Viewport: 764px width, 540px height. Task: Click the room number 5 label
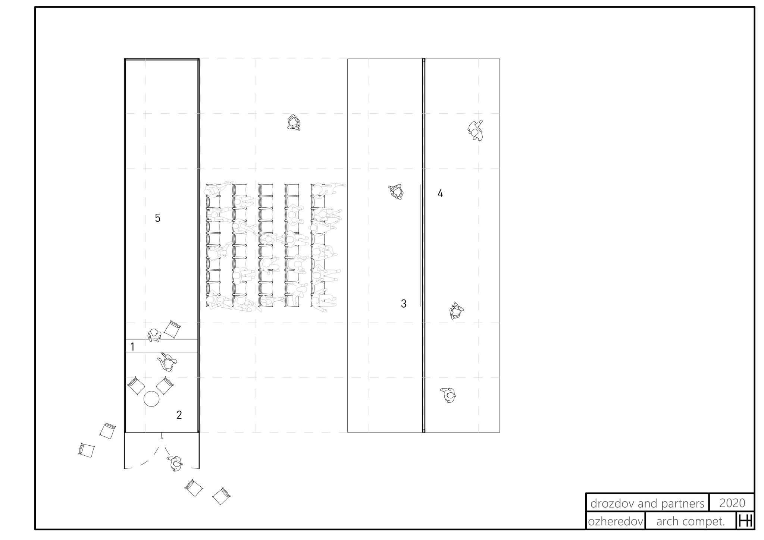(x=157, y=218)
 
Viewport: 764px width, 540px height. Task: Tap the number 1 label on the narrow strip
(x=132, y=347)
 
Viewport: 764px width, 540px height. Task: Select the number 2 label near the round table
(x=179, y=415)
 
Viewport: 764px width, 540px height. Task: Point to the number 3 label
(x=403, y=304)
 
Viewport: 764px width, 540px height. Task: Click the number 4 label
(x=440, y=193)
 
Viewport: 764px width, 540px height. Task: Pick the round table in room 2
(x=151, y=399)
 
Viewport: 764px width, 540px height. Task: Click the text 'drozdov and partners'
(x=647, y=503)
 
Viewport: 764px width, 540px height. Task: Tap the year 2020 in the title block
(x=732, y=503)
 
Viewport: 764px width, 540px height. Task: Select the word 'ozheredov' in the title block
(x=615, y=521)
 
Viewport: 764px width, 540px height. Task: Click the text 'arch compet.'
(x=691, y=521)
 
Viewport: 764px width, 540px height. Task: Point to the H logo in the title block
(x=745, y=521)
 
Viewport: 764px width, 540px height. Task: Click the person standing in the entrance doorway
(x=175, y=463)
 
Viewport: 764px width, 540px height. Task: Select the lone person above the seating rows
(x=294, y=122)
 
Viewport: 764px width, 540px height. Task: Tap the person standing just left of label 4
(x=396, y=192)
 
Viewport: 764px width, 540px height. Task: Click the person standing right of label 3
(x=456, y=311)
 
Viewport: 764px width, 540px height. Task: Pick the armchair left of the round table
(x=136, y=386)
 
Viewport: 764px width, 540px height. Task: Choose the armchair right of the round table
(x=165, y=386)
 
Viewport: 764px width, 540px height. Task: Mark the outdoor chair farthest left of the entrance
(x=87, y=450)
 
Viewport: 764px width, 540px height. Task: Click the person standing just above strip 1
(x=154, y=335)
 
